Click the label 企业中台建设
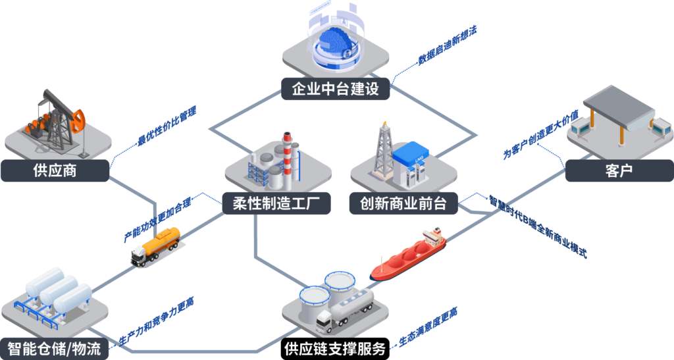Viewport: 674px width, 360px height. tap(335, 89)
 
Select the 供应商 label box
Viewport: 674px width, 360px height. tap(55, 171)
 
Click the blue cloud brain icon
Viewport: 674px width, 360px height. tap(335, 39)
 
